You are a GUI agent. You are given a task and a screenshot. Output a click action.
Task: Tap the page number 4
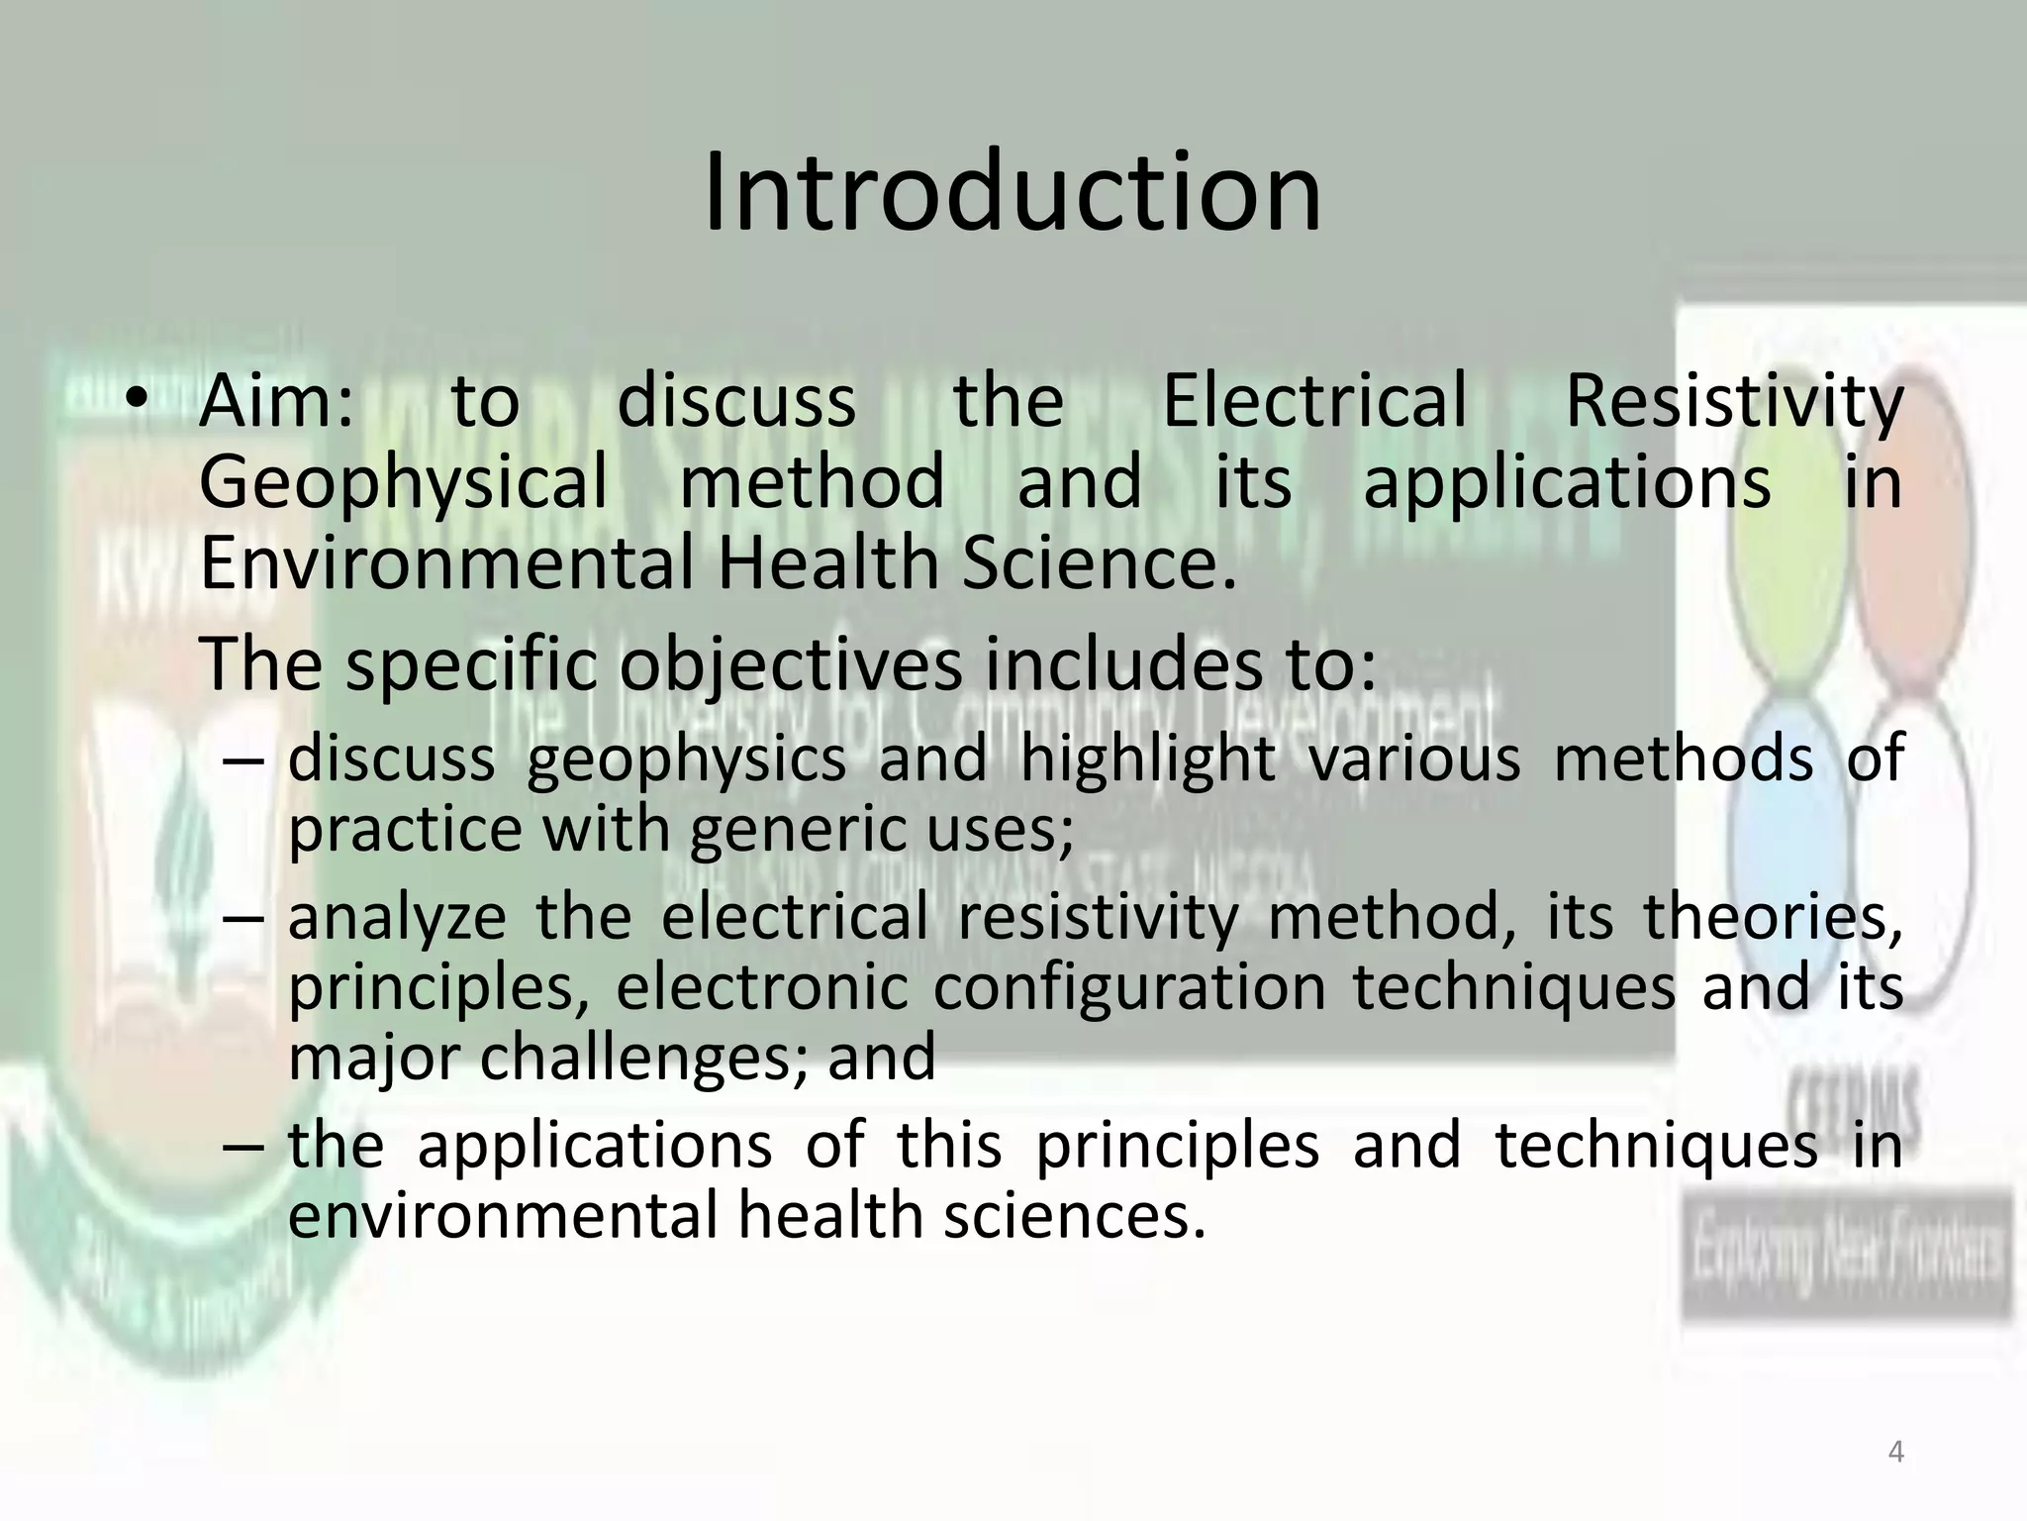tap(1896, 1453)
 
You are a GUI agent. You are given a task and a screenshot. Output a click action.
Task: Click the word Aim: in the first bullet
tap(276, 402)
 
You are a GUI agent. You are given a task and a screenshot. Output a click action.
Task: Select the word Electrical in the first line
tap(1314, 402)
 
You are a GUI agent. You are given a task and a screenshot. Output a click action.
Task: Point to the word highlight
tap(1147, 760)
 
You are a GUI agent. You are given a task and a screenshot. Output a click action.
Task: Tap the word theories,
tap(1774, 916)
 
